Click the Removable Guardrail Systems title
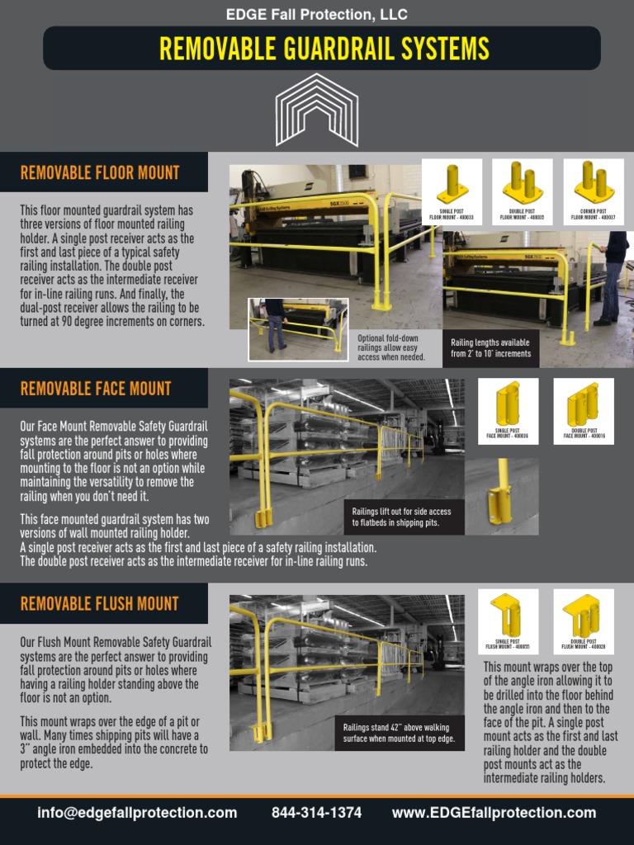coord(324,49)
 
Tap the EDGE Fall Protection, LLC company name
coord(317,14)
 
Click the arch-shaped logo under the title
coord(317,109)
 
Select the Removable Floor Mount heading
coord(100,173)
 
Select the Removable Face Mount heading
coord(96,389)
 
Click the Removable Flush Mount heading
coord(99,604)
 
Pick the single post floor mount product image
coord(452,186)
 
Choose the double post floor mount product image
coord(522,186)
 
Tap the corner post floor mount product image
coord(594,186)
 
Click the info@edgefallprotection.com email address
coord(137,813)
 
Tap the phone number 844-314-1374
coord(316,813)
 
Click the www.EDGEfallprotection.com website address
coord(494,813)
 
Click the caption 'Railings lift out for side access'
coord(401,517)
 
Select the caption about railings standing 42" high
coord(400,733)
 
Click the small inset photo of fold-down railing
coord(298,329)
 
